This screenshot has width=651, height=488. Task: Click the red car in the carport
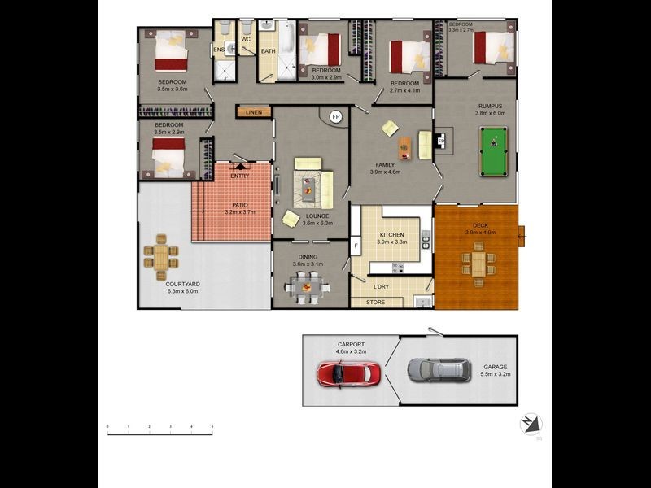[348, 373]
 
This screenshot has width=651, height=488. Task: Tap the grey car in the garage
[439, 370]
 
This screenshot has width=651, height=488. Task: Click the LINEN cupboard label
[254, 111]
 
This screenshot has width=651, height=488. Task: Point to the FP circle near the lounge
[335, 118]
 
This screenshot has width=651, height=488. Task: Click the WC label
[245, 38]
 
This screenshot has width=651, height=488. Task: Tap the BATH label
[269, 52]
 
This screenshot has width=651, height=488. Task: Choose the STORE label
[375, 303]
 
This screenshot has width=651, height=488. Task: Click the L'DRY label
[381, 286]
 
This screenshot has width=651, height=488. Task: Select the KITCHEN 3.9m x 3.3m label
[391, 238]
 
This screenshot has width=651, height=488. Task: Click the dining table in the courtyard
[161, 257]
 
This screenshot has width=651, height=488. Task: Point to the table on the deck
[478, 262]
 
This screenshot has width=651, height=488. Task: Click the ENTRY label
[240, 176]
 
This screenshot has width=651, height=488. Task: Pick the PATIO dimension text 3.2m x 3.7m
[240, 212]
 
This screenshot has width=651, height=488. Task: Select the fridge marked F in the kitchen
[356, 245]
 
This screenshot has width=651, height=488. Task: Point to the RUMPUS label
[491, 106]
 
